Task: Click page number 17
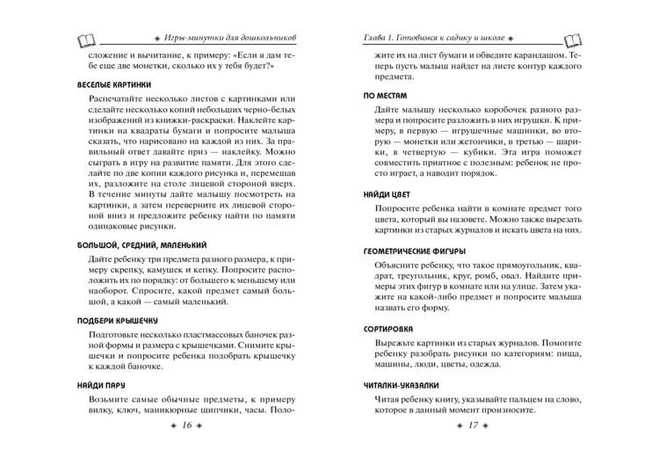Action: [x=472, y=426]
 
